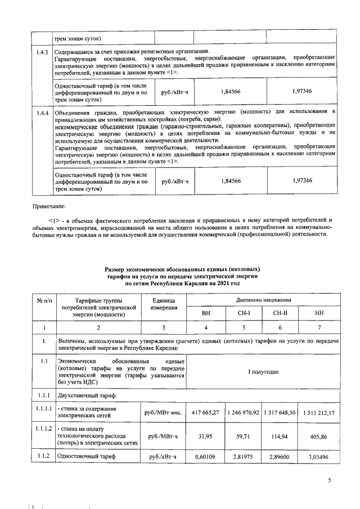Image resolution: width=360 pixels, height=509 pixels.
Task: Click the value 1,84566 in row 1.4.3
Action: coord(231,91)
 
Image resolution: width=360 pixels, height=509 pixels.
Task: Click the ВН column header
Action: coord(206,313)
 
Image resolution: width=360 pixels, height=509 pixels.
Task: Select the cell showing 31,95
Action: coord(206,435)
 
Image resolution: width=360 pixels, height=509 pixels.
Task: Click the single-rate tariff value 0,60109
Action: coord(206,457)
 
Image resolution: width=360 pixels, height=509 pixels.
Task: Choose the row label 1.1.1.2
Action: coord(42,429)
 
